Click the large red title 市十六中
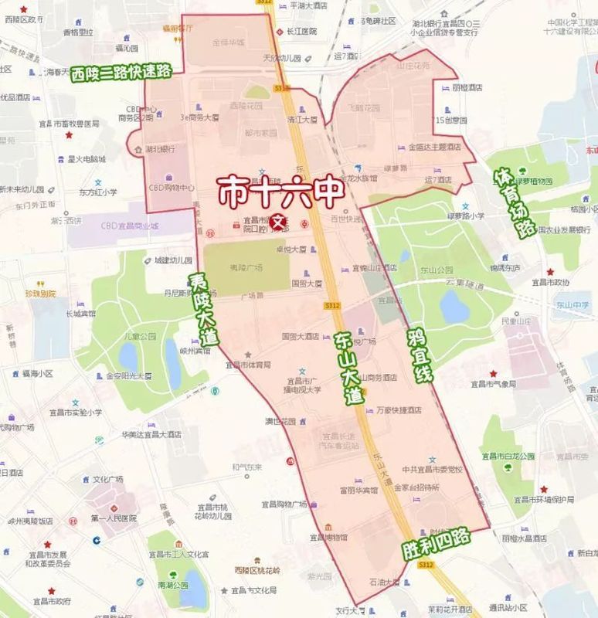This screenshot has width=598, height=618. [x=280, y=191]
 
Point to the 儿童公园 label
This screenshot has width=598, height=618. [x=141, y=337]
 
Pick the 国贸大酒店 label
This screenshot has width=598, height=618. [x=301, y=336]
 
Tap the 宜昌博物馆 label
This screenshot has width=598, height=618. [x=331, y=537]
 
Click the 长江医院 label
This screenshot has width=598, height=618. [x=302, y=32]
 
